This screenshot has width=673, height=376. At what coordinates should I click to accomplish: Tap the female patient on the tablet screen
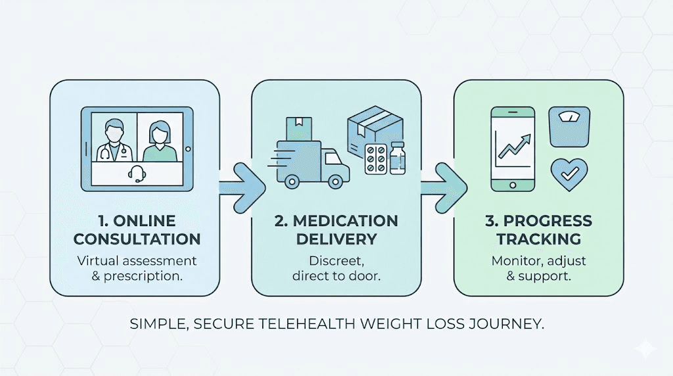(x=160, y=139)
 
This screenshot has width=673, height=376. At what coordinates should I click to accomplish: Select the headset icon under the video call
(x=137, y=174)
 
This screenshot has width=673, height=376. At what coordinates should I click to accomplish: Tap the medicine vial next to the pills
(x=397, y=160)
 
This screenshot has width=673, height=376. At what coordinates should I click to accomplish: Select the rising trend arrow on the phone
(x=515, y=146)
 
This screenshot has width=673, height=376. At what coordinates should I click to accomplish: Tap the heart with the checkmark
(x=569, y=172)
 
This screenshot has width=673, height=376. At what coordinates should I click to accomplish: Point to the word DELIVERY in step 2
(x=336, y=238)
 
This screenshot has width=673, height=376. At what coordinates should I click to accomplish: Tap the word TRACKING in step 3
(x=538, y=238)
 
